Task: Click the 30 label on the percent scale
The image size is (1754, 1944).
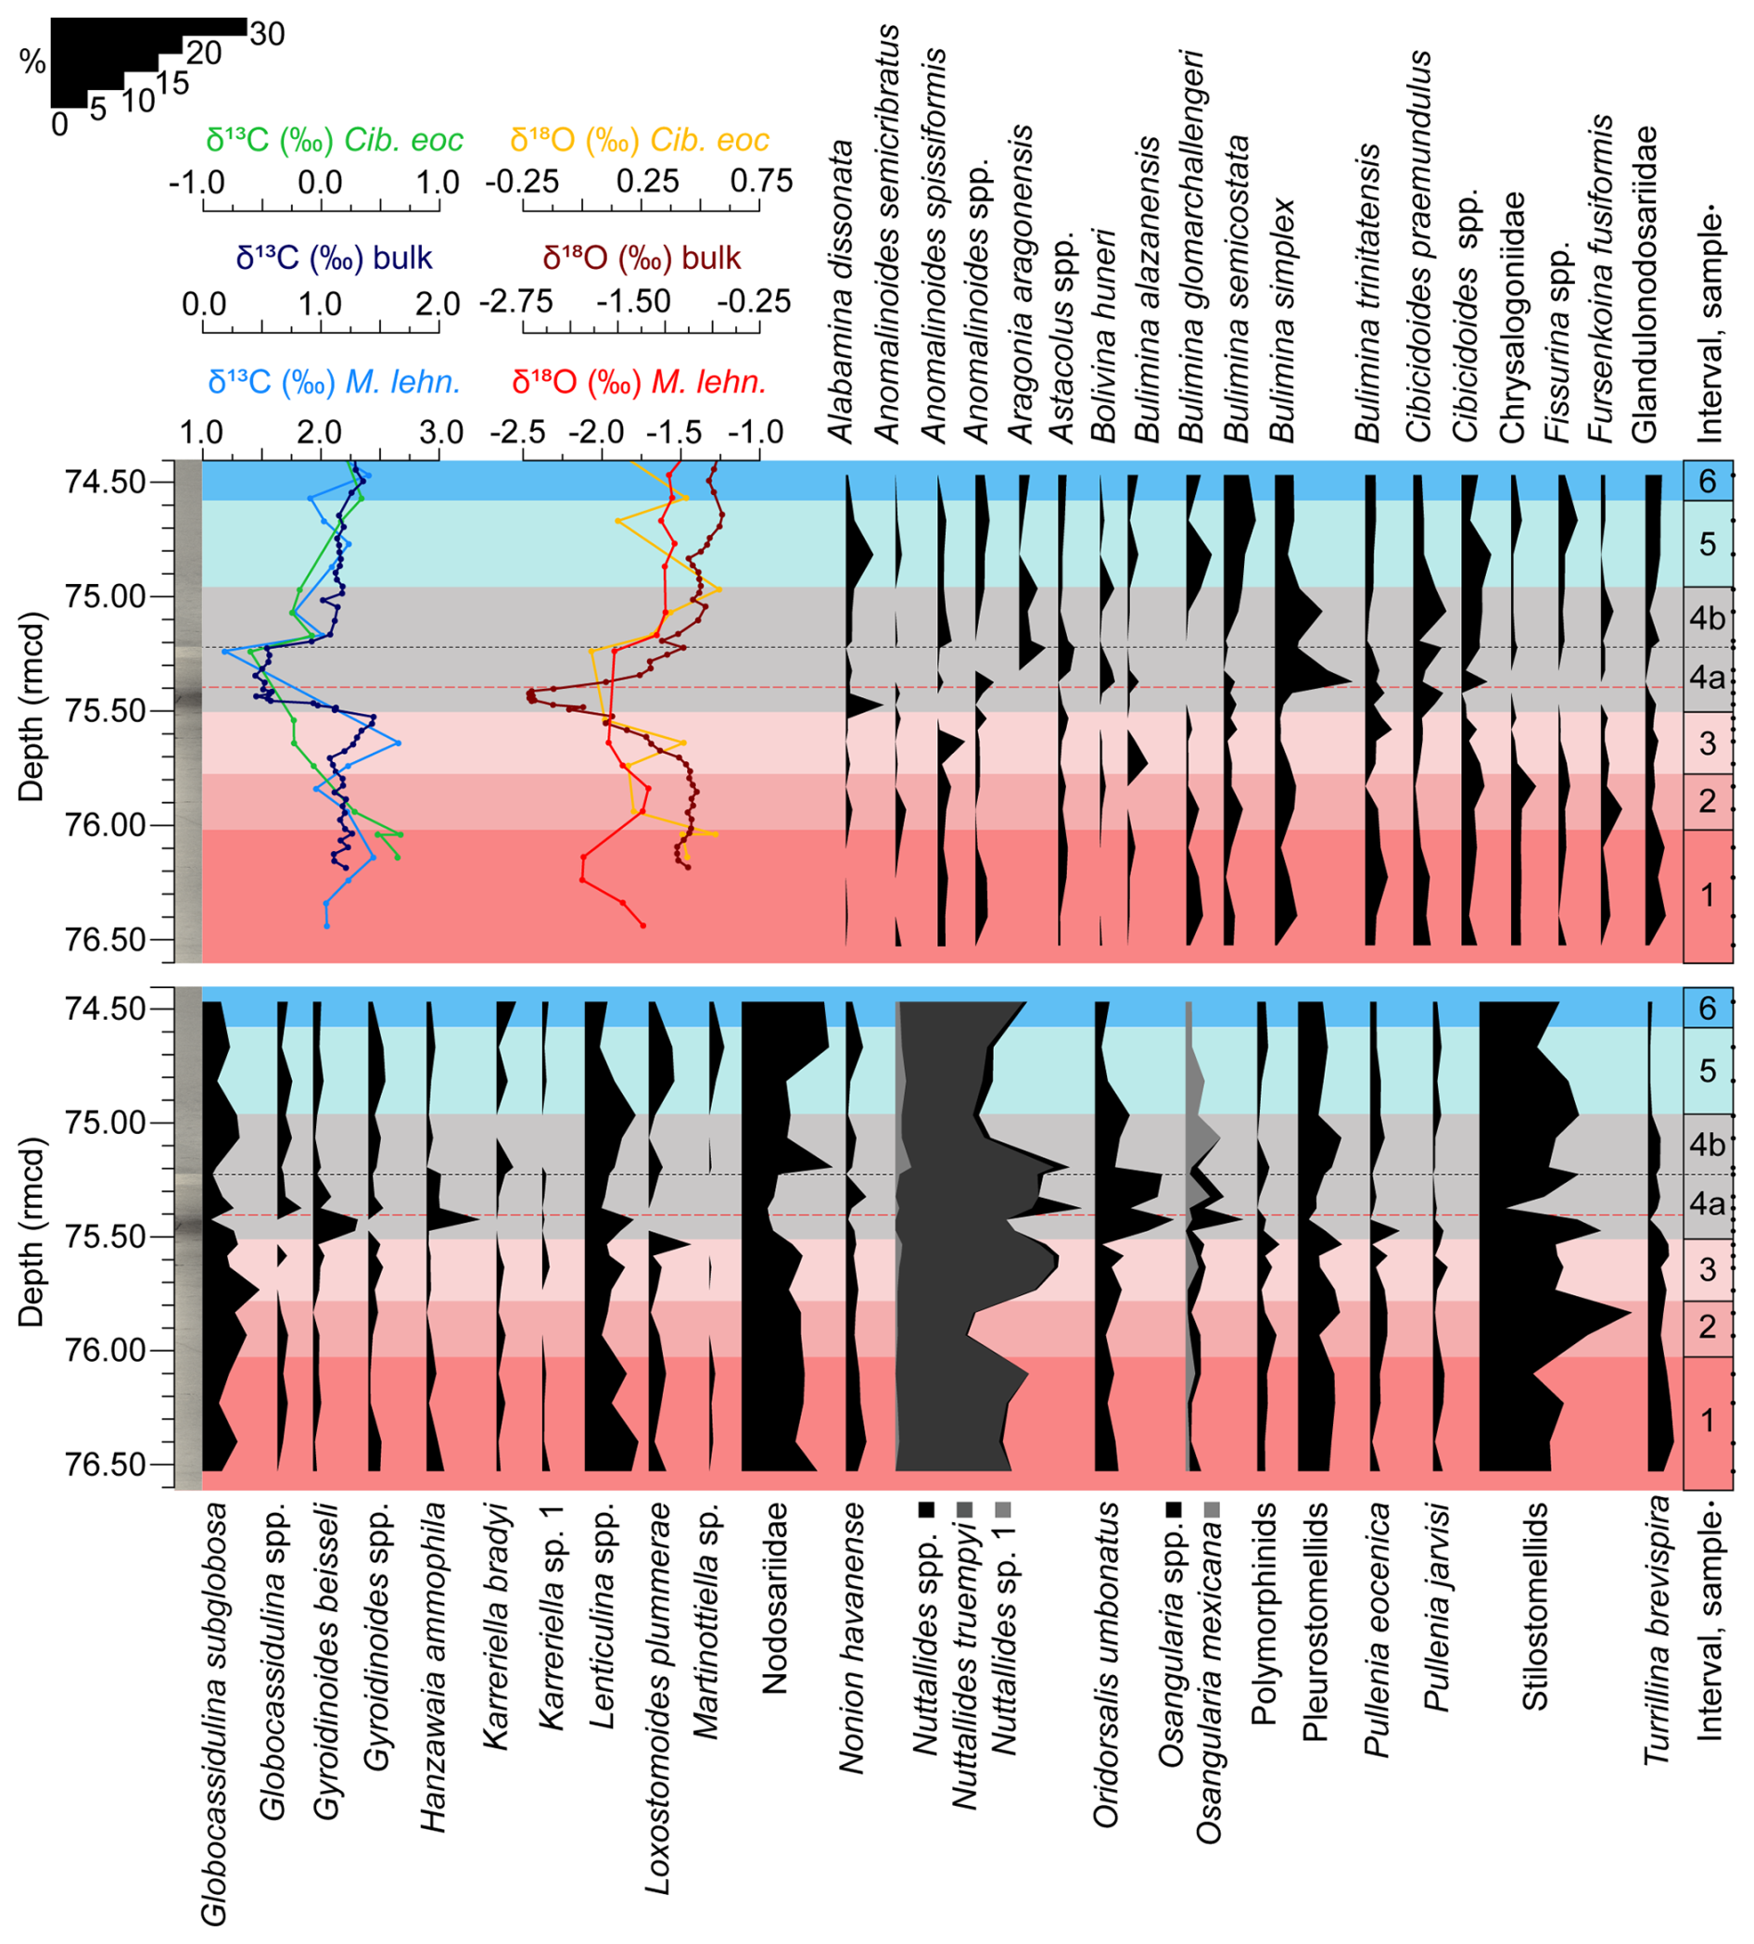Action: [x=267, y=33]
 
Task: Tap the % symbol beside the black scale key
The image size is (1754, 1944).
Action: [x=32, y=63]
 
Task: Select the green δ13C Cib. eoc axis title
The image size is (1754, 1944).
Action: [x=335, y=141]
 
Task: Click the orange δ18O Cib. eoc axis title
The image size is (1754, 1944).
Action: [x=639, y=141]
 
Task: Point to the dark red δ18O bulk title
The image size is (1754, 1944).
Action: [x=642, y=259]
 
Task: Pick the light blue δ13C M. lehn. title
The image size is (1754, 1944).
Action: [x=334, y=383]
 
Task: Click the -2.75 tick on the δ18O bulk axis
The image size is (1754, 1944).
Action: [x=518, y=302]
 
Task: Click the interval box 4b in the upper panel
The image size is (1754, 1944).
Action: [x=1707, y=617]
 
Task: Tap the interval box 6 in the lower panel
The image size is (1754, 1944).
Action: [x=1707, y=1008]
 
